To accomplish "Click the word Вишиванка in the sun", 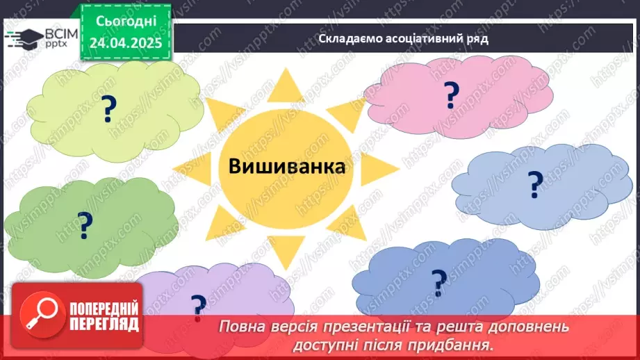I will (x=287, y=167).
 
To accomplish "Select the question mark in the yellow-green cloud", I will (x=108, y=109).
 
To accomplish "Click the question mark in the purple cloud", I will (x=198, y=306).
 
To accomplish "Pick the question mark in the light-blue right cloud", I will (x=534, y=184).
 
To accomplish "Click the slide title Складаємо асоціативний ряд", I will (x=403, y=38).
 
